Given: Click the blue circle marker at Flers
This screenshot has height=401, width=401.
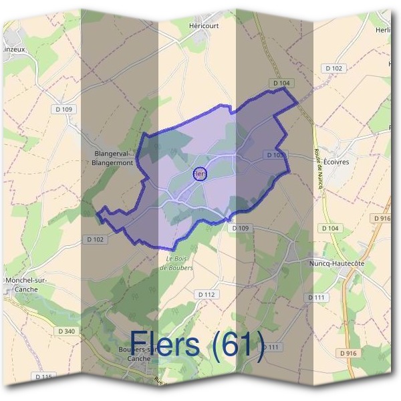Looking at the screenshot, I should (x=200, y=174).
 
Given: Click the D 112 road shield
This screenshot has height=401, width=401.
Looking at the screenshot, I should (x=207, y=294).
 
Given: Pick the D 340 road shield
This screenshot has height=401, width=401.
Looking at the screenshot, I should (x=66, y=331).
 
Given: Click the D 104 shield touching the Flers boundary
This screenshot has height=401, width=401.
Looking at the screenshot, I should (x=282, y=83).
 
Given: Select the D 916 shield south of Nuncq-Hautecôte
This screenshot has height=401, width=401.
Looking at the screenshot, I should (x=348, y=352).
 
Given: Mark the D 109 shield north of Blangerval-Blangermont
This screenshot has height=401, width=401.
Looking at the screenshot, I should (x=64, y=110).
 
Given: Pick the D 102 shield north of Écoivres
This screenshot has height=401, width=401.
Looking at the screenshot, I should (x=333, y=68).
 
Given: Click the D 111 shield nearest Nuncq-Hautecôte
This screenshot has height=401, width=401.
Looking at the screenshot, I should (x=317, y=297).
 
